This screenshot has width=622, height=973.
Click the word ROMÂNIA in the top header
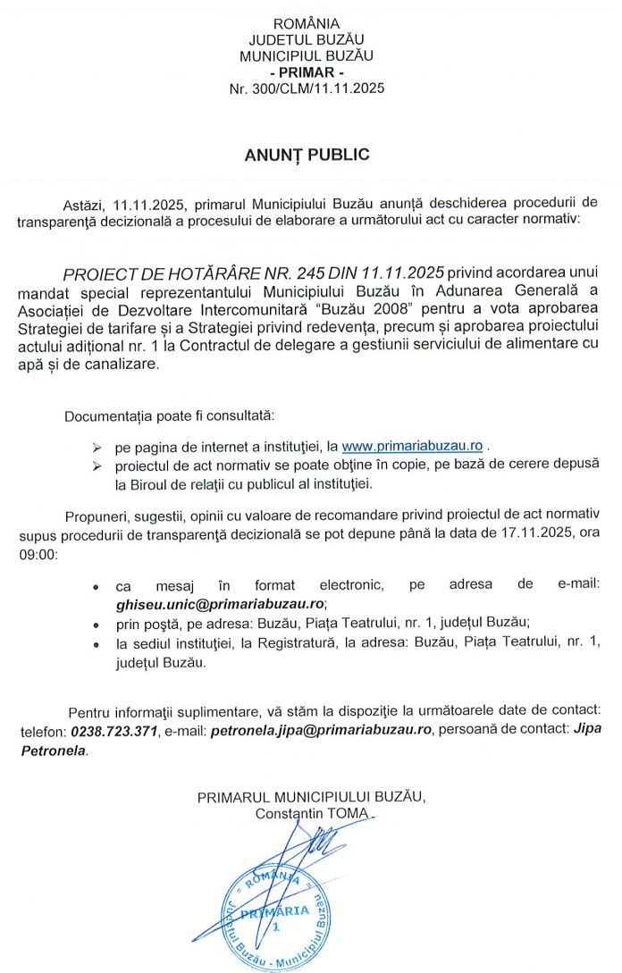coord(307,23)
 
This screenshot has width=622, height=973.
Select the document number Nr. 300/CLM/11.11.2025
coord(307,89)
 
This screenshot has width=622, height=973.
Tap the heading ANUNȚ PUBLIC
coord(307,155)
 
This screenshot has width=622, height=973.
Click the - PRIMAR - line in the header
coord(307,72)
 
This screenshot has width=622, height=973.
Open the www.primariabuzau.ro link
coord(413,446)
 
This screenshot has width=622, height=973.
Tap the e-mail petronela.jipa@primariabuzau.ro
coord(320,731)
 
